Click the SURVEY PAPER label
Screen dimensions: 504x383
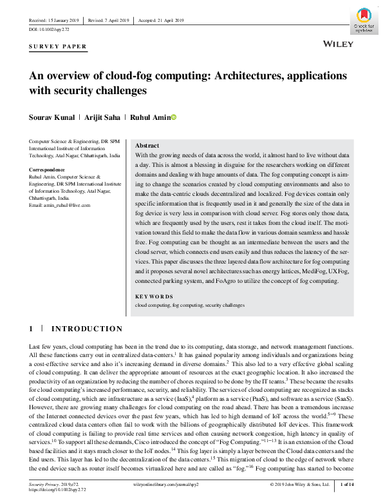(x=58, y=47)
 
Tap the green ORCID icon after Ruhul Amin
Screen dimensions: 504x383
(x=173, y=117)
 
